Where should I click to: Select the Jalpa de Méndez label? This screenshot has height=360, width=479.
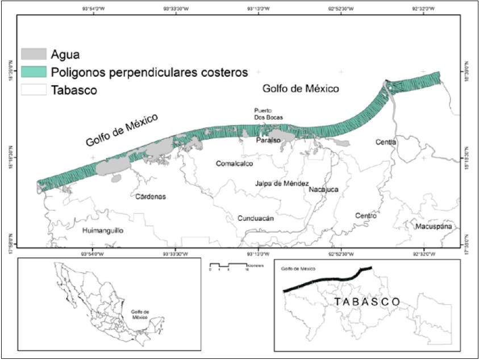282,183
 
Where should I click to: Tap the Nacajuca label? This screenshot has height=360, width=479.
324,190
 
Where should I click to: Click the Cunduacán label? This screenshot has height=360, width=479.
256,218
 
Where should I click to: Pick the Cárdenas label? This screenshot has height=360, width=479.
151,197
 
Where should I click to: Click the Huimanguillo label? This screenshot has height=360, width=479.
103,231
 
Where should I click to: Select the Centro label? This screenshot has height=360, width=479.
365,216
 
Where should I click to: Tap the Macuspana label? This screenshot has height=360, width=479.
434,227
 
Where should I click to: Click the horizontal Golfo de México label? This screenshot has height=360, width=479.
301,89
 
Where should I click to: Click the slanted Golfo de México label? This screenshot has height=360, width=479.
122,130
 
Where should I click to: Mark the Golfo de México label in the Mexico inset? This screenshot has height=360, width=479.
139,315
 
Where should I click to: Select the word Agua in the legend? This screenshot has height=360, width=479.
65,55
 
